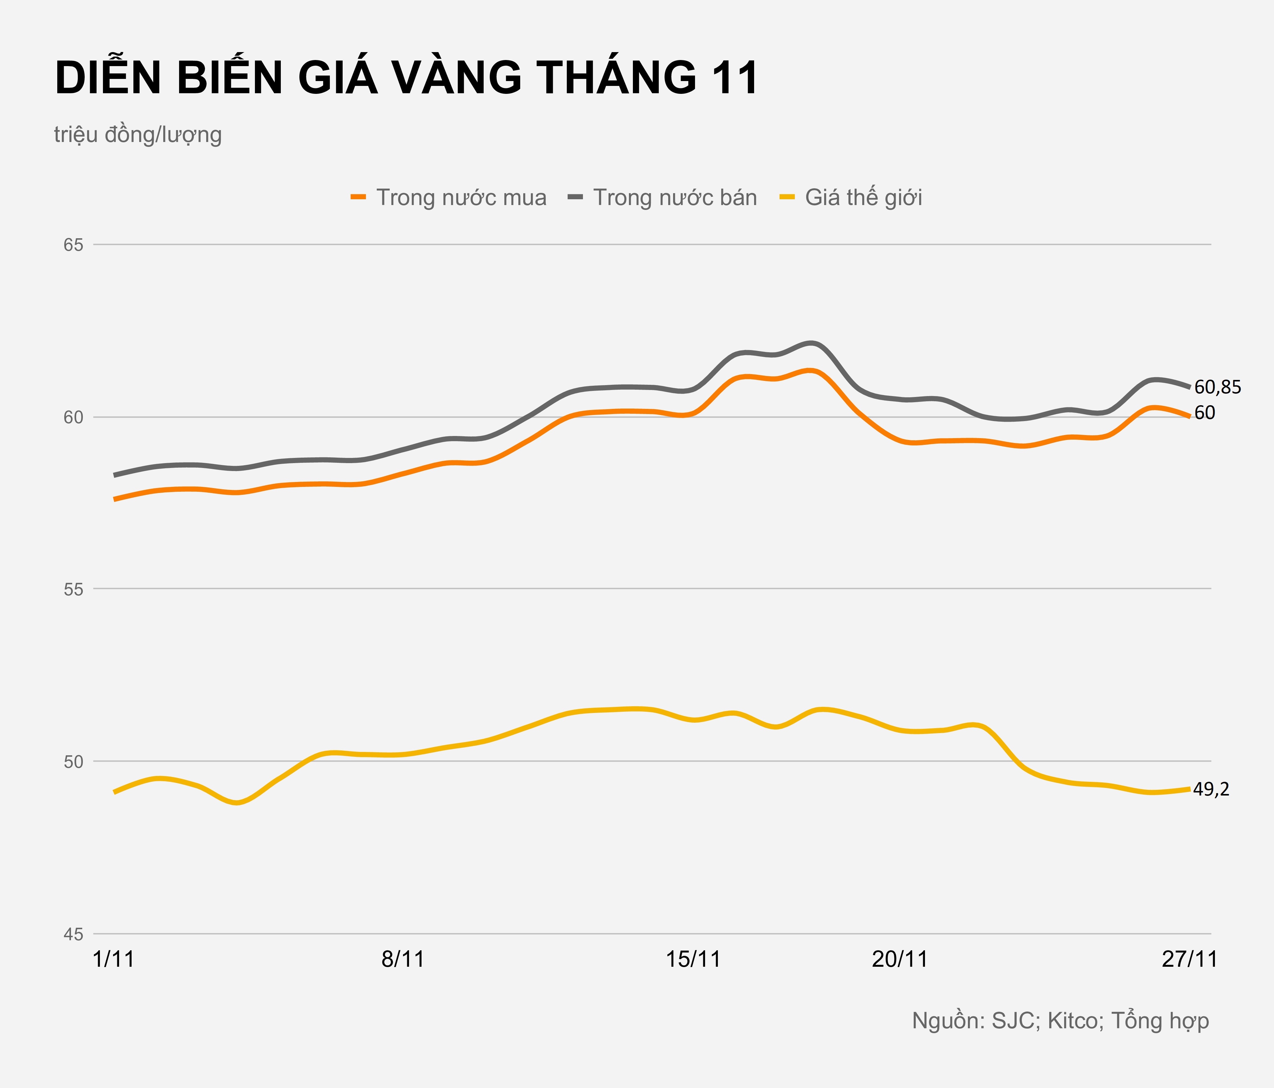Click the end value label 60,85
pyautogui.click(x=1217, y=388)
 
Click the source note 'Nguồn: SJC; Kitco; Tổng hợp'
pyautogui.click(x=1060, y=1020)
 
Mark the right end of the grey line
pyautogui.click(x=1190, y=387)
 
